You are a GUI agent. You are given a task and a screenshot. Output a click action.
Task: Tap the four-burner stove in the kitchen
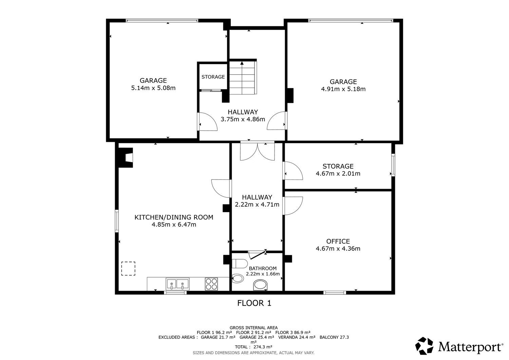click(x=211, y=284)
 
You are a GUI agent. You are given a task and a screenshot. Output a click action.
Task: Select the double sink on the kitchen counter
click(x=177, y=284)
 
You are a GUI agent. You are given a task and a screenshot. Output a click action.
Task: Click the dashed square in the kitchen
click(x=128, y=269)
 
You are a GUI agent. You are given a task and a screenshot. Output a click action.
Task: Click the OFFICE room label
click(x=338, y=241)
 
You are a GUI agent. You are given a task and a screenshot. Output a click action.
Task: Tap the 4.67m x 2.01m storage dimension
click(x=338, y=174)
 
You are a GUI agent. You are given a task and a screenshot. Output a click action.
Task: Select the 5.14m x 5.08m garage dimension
click(x=153, y=88)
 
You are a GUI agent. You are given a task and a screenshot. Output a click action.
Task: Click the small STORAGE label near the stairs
click(x=213, y=77)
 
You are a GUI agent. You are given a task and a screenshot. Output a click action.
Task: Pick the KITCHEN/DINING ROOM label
click(x=174, y=217)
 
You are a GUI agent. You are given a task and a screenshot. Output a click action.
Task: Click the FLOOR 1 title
click(x=254, y=303)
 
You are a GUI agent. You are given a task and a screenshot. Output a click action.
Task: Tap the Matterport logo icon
click(x=424, y=346)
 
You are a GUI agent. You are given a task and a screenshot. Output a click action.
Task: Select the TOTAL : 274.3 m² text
click(x=253, y=347)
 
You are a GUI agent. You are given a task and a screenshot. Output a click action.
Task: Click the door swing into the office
click(x=293, y=206)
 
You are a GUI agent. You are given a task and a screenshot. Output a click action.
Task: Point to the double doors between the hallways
click(x=258, y=151)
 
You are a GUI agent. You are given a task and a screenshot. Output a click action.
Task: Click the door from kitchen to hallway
click(x=221, y=188)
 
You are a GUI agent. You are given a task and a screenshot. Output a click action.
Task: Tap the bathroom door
click(x=258, y=254)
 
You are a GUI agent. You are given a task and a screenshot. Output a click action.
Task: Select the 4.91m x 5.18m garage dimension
click(x=343, y=89)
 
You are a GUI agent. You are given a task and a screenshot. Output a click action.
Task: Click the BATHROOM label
click(x=263, y=268)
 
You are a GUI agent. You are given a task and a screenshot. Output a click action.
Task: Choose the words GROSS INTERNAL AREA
click(x=253, y=328)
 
